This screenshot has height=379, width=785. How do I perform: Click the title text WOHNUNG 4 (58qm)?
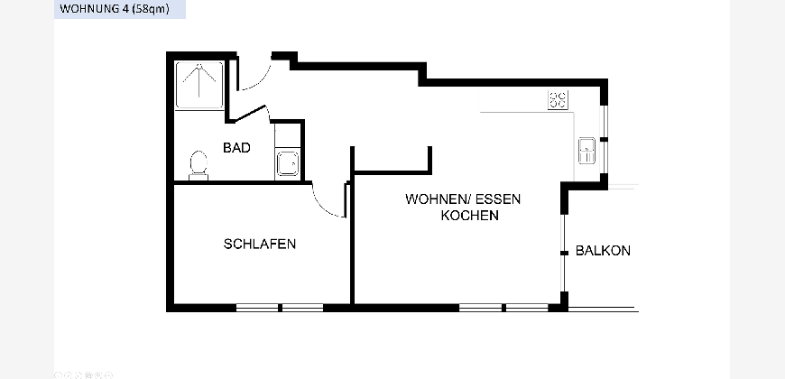[x=115, y=8]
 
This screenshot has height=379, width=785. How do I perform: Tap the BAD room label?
[x=236, y=148]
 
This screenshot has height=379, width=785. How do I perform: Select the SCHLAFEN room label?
[x=259, y=244]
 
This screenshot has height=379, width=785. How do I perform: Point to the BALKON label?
[x=603, y=250]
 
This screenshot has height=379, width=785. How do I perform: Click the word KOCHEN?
[x=469, y=216]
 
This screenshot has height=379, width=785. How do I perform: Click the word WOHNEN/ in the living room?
[x=438, y=199]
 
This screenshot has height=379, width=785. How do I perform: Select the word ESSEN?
[x=498, y=199]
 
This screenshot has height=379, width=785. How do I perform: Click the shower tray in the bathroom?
[x=199, y=85]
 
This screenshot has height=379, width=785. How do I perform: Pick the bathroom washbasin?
[x=288, y=163]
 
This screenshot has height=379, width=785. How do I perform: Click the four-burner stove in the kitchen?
[x=558, y=99]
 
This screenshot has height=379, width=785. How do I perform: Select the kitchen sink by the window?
[x=586, y=150]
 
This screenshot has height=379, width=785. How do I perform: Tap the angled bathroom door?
[x=250, y=114]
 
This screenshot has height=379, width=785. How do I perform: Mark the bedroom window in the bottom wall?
[x=280, y=308]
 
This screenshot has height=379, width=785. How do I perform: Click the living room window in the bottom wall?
[x=503, y=308]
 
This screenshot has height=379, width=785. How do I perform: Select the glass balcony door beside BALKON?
[x=564, y=253]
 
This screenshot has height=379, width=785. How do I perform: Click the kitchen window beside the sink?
[x=605, y=139]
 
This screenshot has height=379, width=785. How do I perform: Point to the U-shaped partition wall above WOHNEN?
[x=392, y=172]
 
